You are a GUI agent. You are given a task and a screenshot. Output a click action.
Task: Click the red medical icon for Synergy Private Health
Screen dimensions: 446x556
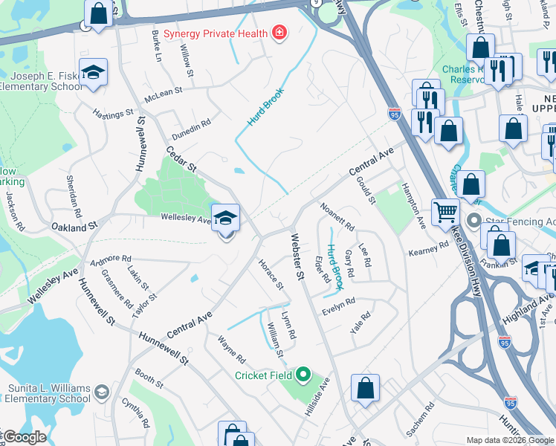[279, 32]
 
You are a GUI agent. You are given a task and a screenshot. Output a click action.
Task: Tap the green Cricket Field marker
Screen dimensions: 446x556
[303, 375]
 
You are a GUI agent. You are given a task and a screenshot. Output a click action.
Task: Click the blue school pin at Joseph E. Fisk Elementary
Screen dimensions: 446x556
[93, 72]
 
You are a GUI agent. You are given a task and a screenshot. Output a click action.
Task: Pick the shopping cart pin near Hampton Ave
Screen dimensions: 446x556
[445, 212]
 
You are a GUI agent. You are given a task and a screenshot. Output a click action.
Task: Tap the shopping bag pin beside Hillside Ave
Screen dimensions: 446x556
[365, 388]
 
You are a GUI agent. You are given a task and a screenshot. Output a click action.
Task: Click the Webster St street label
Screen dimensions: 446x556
[297, 256]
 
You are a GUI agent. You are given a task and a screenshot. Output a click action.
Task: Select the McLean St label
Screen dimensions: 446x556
[164, 91]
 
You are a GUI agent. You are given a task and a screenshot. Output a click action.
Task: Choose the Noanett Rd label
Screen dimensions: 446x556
[337, 216]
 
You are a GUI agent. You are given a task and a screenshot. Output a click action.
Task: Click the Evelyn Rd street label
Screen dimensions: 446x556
[339, 306]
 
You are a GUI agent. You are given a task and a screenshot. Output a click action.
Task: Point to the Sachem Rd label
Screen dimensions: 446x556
[419, 418]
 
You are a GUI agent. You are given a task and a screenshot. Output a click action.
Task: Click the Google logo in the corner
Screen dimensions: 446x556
[24, 437]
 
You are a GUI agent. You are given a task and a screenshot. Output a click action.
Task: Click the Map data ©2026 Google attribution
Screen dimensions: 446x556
[510, 440]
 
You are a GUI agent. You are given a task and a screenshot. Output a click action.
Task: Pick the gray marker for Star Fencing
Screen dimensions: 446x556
[475, 222]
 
